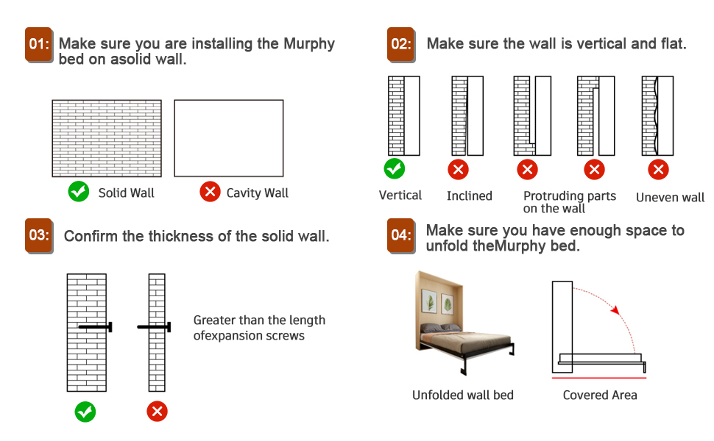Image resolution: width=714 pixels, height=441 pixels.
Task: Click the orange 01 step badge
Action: (39, 45)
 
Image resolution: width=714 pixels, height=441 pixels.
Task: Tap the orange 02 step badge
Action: (401, 45)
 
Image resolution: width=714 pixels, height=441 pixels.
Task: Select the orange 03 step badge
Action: (39, 237)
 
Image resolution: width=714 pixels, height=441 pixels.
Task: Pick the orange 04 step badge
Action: (401, 237)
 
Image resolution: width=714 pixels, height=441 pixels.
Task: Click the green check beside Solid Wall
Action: (78, 193)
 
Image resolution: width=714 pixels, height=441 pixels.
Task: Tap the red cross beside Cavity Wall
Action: (210, 193)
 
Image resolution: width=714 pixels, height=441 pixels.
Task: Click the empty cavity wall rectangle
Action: (229, 138)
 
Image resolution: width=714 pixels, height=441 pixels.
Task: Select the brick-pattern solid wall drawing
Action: (107, 138)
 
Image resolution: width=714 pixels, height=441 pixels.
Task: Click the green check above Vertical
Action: (395, 169)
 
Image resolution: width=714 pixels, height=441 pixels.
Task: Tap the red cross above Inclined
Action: (458, 170)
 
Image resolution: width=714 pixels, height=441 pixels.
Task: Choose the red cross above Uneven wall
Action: (658, 170)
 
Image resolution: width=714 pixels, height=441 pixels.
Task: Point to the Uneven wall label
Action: (670, 197)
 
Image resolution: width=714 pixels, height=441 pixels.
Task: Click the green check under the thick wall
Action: (85, 411)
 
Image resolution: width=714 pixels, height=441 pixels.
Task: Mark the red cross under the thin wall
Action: (157, 411)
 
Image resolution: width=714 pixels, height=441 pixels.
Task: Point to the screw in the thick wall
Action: (95, 327)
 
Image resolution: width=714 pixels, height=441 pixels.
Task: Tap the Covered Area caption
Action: (600, 395)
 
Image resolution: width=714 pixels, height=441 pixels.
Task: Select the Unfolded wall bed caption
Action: (463, 395)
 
